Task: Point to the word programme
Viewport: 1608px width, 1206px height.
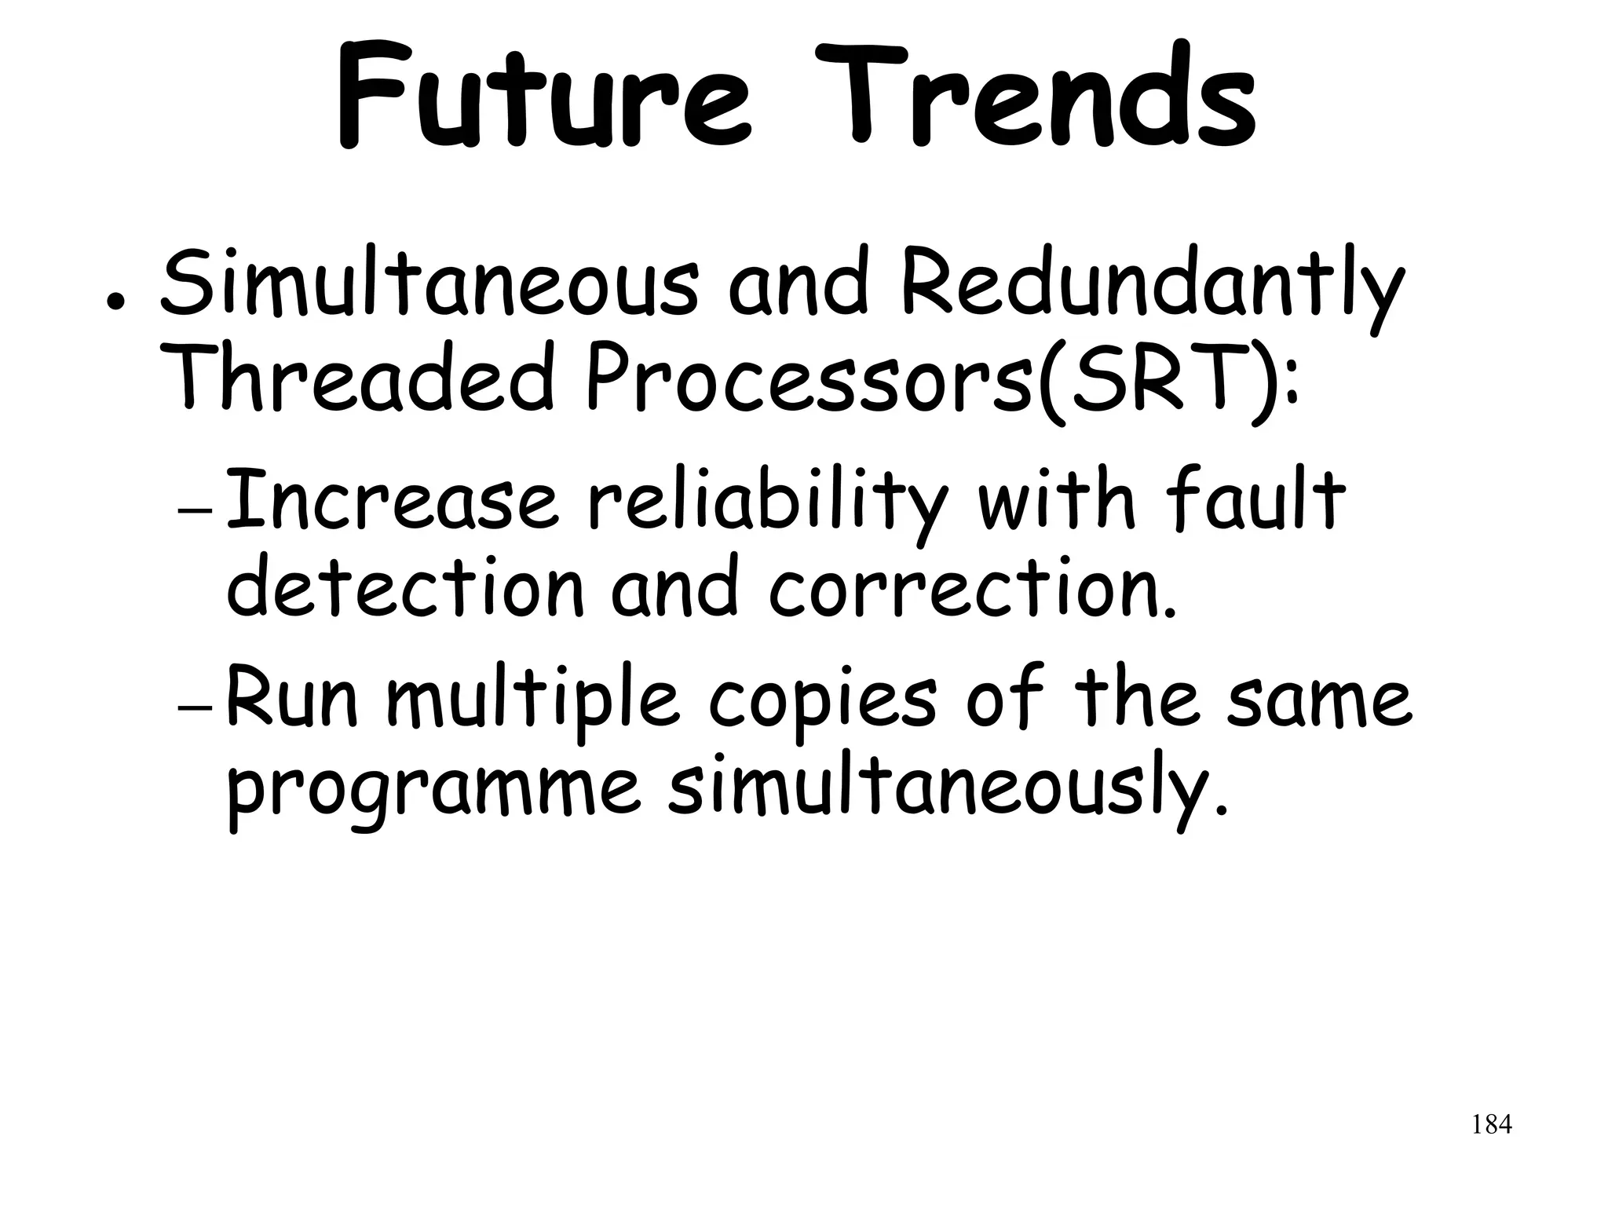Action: (x=432, y=789)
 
